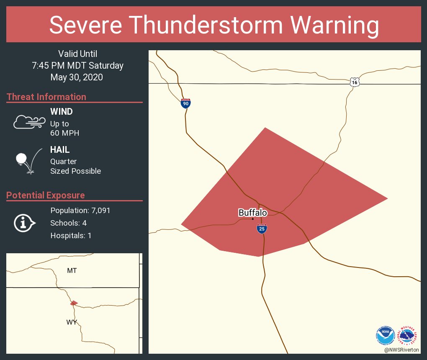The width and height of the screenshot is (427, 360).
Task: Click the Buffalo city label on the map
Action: coord(252,213)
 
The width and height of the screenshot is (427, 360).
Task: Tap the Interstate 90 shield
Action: coord(186,103)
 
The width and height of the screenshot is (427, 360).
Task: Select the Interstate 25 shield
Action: coord(262,229)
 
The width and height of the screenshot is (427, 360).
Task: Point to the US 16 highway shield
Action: coord(355,82)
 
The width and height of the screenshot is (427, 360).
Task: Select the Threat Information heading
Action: coord(46,97)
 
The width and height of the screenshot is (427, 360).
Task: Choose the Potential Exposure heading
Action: coord(46,195)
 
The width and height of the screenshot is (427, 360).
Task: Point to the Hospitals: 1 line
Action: coord(71,236)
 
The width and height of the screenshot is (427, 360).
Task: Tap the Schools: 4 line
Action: coord(69,223)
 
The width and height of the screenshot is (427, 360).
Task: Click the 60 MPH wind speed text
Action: coord(64,133)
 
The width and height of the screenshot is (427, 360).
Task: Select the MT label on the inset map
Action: coord(72,271)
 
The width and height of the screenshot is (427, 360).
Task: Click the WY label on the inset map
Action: coord(72,322)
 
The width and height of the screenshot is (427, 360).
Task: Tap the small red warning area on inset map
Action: coord(74,303)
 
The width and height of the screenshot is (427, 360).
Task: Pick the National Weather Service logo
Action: coord(408,335)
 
